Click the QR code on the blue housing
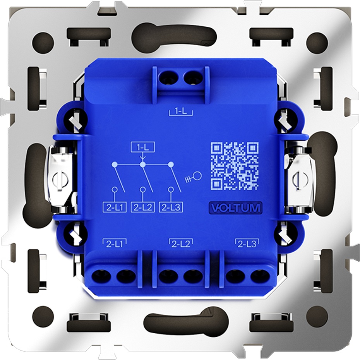[235, 166]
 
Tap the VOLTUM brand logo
[236, 208]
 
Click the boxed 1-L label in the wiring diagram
[142, 147]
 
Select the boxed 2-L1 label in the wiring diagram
[115, 207]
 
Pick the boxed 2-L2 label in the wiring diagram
[142, 207]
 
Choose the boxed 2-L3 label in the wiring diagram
[171, 207]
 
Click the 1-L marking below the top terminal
[181, 112]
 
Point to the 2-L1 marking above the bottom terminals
[114, 244]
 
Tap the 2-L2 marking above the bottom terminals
[181, 244]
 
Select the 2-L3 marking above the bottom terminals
[247, 244]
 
